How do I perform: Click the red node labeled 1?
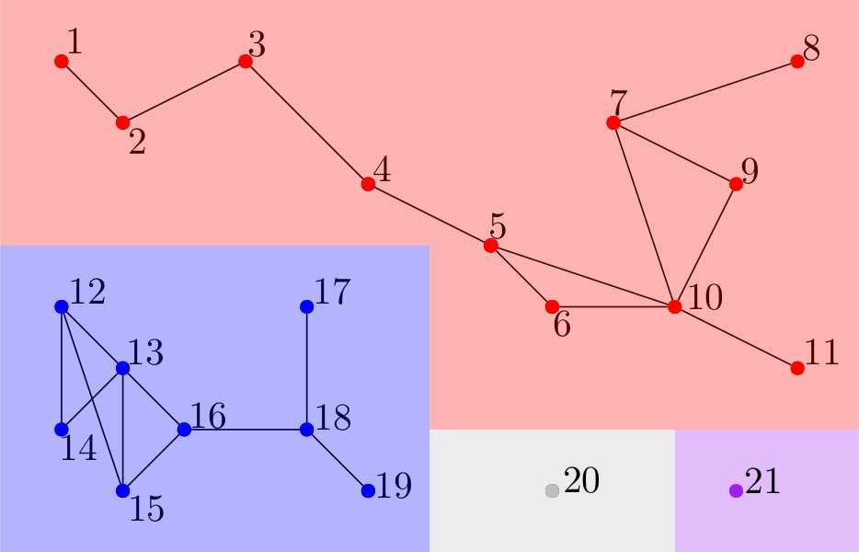62,62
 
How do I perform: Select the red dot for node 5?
490,246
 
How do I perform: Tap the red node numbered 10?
674,306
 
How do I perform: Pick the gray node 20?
552,490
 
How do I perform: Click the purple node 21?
736,490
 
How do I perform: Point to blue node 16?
184,429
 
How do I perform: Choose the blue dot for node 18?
307,429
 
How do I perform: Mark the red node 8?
797,62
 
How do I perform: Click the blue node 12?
62,306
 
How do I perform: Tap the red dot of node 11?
797,368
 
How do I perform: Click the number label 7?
618,100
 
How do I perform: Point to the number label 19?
395,485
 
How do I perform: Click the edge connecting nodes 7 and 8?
705,92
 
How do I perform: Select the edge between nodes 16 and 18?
246,429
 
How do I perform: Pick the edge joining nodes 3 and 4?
306,122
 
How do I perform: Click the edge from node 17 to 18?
307,368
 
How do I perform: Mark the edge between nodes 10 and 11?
736,337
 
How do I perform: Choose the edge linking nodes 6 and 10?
613,306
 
